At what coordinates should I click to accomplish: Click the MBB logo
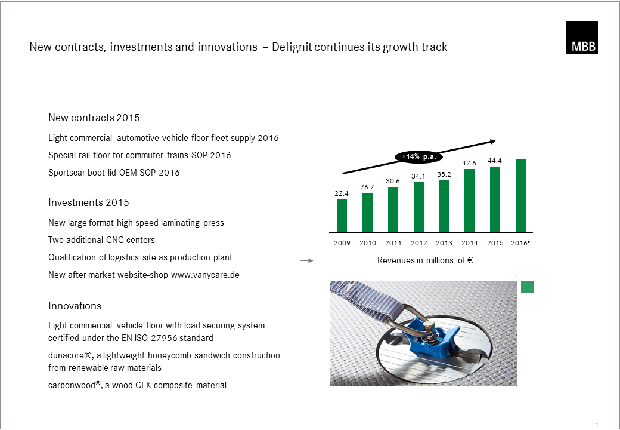pyautogui.click(x=582, y=37)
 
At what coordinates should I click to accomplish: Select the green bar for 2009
pyautogui.click(x=342, y=216)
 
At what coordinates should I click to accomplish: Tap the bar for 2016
pyautogui.click(x=521, y=196)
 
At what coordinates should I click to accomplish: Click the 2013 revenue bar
pyautogui.click(x=444, y=206)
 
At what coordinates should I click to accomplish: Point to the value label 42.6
pyautogui.click(x=469, y=163)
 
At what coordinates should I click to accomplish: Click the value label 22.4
pyautogui.click(x=342, y=193)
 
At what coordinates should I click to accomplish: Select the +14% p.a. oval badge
pyautogui.click(x=418, y=157)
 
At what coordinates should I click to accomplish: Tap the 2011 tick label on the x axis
pyautogui.click(x=393, y=243)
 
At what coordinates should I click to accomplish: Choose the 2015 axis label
pyautogui.click(x=495, y=243)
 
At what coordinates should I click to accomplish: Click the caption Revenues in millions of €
pyautogui.click(x=425, y=260)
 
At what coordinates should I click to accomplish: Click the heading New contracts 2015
pyautogui.click(x=94, y=118)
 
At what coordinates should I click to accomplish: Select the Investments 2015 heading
pyautogui.click(x=89, y=202)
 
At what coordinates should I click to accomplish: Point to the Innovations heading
pyautogui.click(x=75, y=306)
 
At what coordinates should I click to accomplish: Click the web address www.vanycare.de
pyautogui.click(x=205, y=275)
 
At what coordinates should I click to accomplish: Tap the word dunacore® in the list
pyautogui.click(x=70, y=355)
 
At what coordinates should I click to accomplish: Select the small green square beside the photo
pyautogui.click(x=527, y=287)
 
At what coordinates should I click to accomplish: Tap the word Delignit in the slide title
pyautogui.click(x=292, y=47)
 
